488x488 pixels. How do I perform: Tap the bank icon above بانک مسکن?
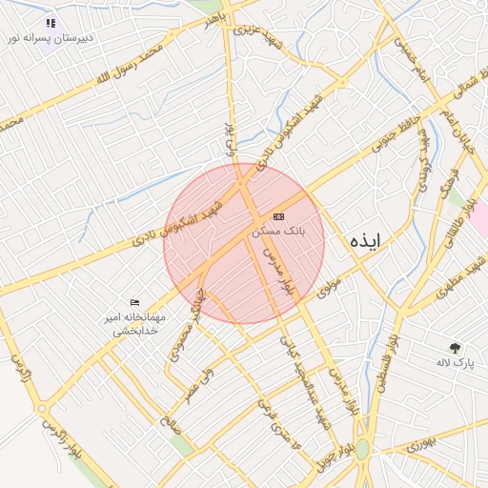click(278, 217)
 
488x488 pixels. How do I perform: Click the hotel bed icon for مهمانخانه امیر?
click(134, 302)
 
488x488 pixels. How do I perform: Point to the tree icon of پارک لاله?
click(456, 348)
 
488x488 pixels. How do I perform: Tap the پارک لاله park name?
click(456, 363)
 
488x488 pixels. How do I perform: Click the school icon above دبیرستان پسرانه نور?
click(51, 23)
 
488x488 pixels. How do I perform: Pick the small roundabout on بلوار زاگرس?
click(41, 408)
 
